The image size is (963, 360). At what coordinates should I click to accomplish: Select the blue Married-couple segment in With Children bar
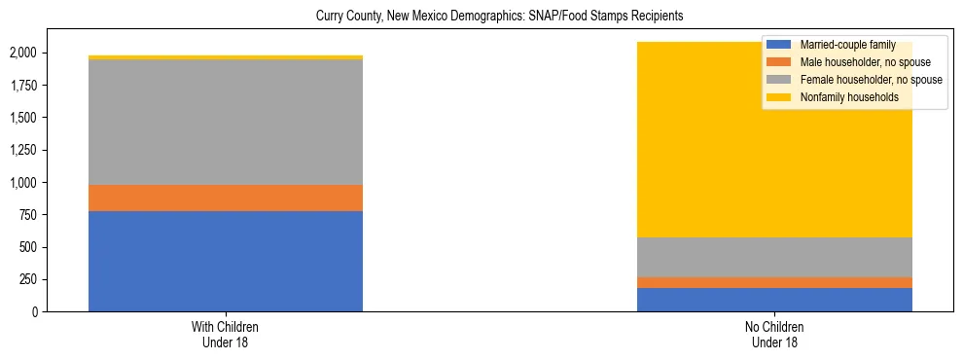[x=226, y=261]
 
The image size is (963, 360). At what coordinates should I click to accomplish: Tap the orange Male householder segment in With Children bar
[x=226, y=198]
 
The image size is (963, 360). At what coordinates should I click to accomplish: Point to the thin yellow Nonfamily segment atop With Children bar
[x=226, y=57]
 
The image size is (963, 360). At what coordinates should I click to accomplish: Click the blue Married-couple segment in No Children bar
[x=774, y=300]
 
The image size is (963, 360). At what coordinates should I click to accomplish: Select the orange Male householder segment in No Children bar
[x=774, y=282]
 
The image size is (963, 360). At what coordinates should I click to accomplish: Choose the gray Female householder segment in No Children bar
[x=774, y=257]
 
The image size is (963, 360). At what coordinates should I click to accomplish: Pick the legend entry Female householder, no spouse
[x=870, y=80]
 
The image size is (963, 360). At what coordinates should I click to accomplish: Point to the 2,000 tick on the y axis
[x=24, y=54]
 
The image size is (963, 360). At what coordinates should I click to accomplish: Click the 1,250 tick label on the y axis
[x=24, y=151]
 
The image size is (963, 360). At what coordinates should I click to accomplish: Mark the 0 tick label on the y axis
[x=37, y=312]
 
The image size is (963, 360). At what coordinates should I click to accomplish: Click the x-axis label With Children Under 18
[x=226, y=334]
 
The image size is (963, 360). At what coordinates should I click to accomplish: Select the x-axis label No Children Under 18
[x=774, y=334]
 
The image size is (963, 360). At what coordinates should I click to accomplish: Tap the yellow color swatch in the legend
[x=779, y=97]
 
